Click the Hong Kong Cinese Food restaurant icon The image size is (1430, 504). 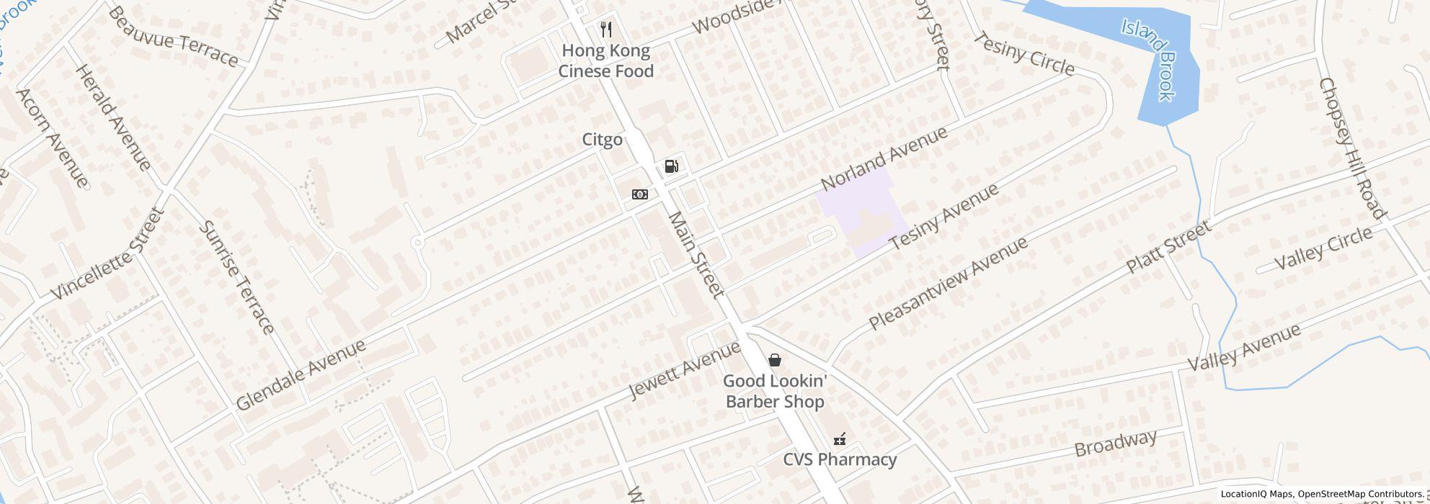point(606,30)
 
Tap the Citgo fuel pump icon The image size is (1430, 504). point(671,167)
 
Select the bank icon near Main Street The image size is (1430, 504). point(639,194)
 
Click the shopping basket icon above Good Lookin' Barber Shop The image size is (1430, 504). point(775,359)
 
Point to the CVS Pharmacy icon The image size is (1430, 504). point(840,438)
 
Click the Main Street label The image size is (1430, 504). point(695,254)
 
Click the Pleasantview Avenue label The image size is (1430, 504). point(948,284)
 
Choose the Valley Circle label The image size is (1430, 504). point(1323,248)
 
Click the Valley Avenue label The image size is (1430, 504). point(1243,347)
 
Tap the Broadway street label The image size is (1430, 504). point(1116,444)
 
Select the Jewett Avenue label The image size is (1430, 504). point(684,370)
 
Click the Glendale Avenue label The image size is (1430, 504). point(301,374)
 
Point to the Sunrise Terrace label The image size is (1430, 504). point(237,277)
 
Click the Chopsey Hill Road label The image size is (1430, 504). point(1351,148)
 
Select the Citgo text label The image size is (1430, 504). point(602,139)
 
